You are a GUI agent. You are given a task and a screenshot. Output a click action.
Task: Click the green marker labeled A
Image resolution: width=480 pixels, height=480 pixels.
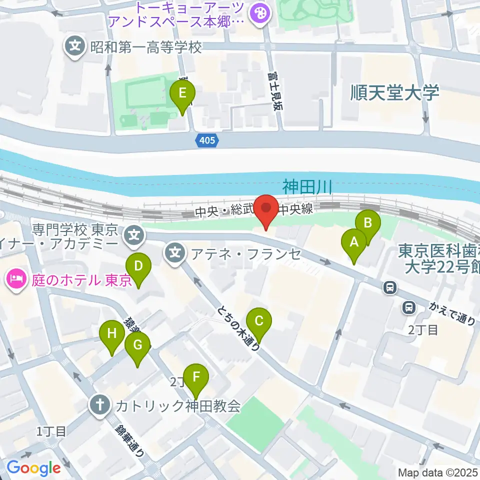pyautogui.click(x=354, y=243)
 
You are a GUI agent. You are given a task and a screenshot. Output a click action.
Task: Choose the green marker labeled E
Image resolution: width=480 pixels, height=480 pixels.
pyautogui.click(x=182, y=93)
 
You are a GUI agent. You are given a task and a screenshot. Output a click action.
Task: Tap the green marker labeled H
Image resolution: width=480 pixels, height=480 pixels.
pyautogui.click(x=111, y=334)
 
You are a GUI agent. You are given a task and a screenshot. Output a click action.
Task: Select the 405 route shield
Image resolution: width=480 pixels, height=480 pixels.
pyautogui.click(x=206, y=140)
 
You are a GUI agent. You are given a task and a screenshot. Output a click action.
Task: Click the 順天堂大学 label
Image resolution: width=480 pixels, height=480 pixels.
pyautogui.click(x=394, y=92)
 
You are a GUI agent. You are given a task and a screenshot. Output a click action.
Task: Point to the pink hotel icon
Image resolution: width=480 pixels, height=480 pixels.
pyautogui.click(x=16, y=279)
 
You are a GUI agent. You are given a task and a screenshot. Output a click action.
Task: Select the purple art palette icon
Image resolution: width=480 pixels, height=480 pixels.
pyautogui.click(x=259, y=13)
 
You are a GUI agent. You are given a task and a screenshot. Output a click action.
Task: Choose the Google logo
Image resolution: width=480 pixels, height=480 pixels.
pyautogui.click(x=33, y=468)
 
